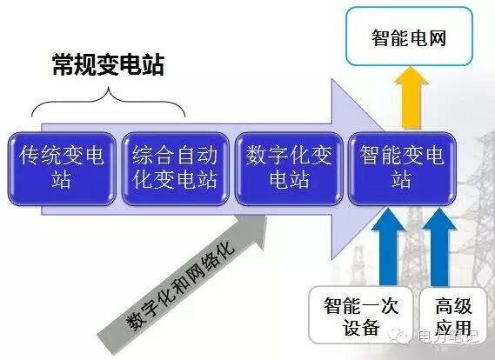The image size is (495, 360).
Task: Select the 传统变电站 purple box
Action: (x=62, y=169)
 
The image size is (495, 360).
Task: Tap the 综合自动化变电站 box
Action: (x=174, y=169)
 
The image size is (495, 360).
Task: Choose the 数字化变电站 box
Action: (x=288, y=169)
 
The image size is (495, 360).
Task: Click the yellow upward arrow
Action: (x=409, y=97)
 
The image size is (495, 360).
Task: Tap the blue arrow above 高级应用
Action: (x=439, y=248)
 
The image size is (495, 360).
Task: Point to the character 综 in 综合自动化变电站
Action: (x=144, y=157)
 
